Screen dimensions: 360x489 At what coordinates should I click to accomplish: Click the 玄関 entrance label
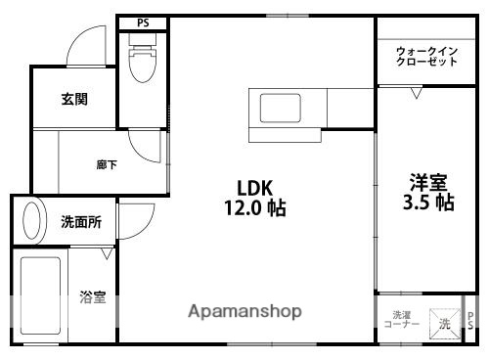[73, 99]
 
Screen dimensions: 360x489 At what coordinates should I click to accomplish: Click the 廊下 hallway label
[107, 165]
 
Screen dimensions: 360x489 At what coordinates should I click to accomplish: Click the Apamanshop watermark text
[245, 312]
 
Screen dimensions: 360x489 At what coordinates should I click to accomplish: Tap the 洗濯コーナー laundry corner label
[401, 319]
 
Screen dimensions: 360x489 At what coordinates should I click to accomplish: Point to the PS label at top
[142, 21]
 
